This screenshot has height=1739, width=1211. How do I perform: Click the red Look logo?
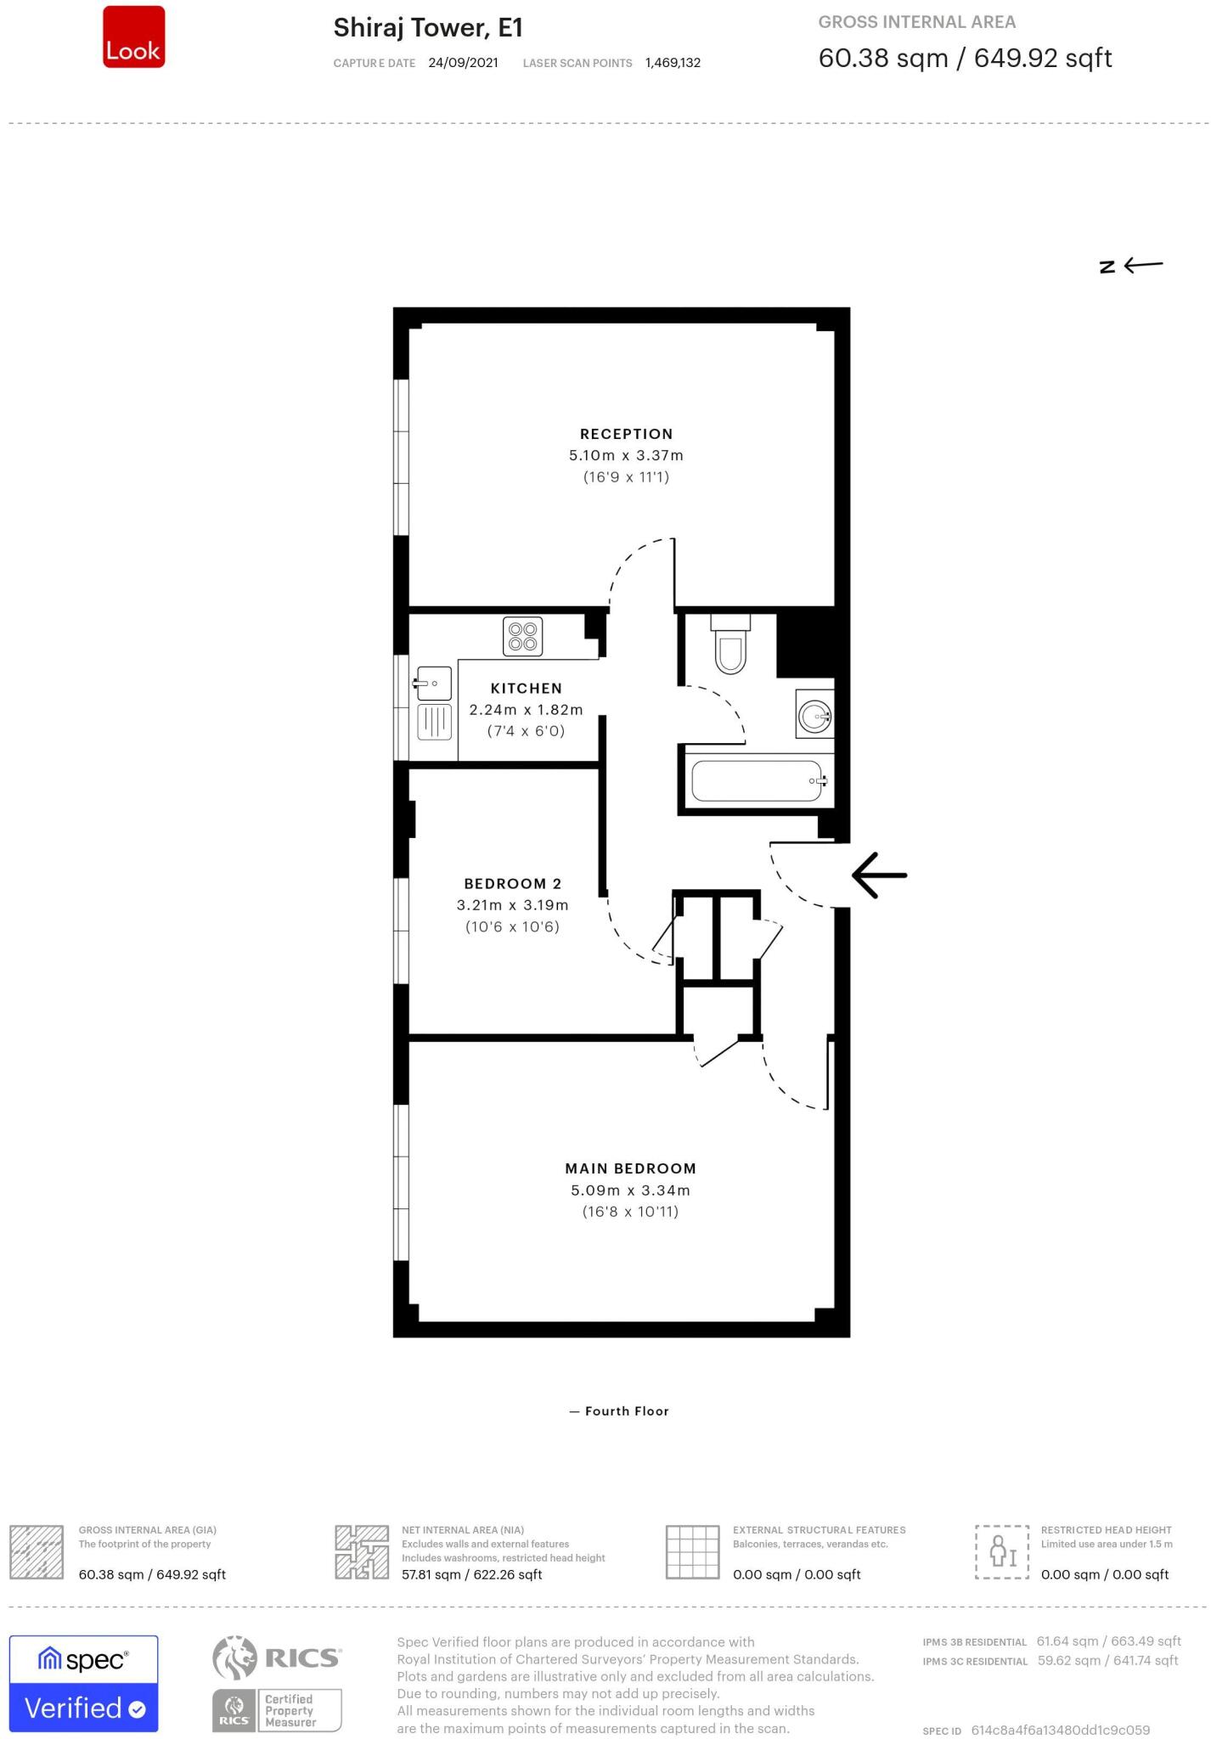pos(133,37)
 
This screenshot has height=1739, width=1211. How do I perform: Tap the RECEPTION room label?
pos(626,434)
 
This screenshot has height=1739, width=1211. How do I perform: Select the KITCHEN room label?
pos(526,688)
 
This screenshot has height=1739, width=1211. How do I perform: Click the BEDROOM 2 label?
pos(512,883)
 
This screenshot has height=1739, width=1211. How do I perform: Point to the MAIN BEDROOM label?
pos(630,1168)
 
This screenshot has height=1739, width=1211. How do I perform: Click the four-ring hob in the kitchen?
pos(522,637)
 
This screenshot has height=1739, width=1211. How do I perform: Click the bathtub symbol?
pos(757,781)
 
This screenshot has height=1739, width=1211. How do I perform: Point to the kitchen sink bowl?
pos(434,684)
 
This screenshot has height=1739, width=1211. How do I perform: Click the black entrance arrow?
pos(879,875)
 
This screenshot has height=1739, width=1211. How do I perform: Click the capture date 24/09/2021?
pos(463,63)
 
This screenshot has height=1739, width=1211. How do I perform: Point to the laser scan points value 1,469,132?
pos(673,63)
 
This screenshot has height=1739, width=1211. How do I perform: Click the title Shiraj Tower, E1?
pos(427,28)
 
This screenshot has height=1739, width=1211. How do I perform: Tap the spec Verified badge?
pos(83,1682)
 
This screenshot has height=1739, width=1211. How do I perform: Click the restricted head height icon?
pos(1001,1551)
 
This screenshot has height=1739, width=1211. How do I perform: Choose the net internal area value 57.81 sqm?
pos(471,1574)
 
